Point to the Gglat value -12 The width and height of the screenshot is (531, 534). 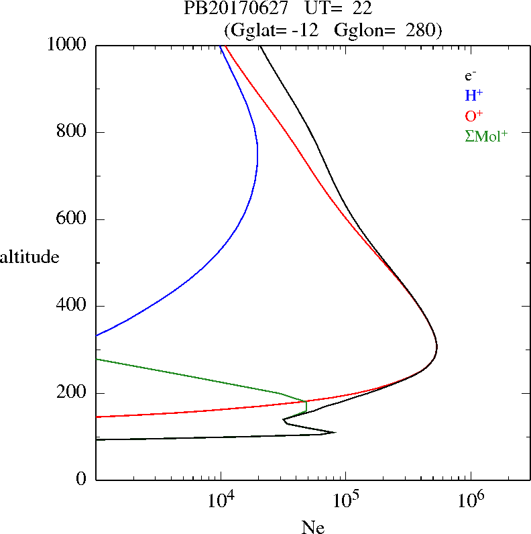310,30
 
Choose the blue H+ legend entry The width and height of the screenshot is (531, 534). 473,96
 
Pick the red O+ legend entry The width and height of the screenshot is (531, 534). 474,116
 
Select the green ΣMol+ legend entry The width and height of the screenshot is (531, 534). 486,136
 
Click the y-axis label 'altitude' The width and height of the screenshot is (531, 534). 29,256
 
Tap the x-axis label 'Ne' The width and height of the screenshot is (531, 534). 312,527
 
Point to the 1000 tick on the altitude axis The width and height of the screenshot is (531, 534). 68,45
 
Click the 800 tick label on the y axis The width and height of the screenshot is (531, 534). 73,132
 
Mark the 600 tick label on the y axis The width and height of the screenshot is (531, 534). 73,219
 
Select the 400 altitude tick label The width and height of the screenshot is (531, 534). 73,306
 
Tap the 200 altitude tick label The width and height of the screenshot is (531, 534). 73,393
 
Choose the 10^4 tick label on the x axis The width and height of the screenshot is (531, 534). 221,499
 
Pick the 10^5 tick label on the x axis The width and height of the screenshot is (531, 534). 345,499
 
